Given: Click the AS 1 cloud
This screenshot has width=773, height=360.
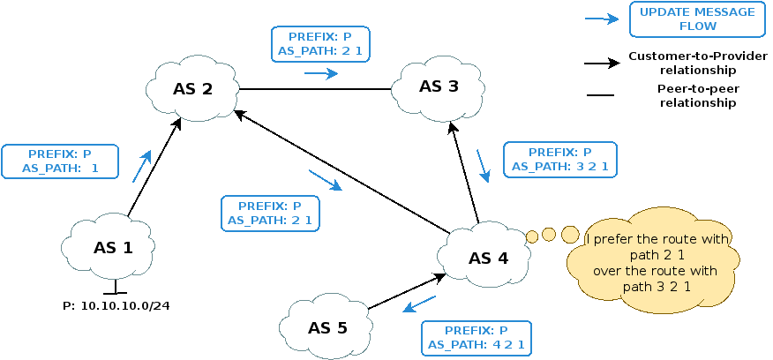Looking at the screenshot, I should click(x=112, y=248).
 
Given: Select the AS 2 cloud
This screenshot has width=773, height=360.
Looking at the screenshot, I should click(x=192, y=88).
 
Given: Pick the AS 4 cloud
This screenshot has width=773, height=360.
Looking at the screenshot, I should click(x=487, y=258).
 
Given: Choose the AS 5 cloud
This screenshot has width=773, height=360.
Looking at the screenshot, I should click(x=327, y=328).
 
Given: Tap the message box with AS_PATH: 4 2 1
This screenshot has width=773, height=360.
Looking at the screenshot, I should click(x=478, y=337).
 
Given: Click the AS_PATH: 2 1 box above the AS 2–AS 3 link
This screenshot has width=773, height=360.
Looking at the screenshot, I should click(x=318, y=44).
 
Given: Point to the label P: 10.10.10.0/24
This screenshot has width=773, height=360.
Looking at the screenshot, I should click(x=116, y=305).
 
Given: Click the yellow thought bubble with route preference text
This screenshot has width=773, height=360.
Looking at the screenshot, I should click(x=652, y=263).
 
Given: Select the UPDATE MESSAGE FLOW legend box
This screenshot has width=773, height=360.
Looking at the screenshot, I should click(x=697, y=19).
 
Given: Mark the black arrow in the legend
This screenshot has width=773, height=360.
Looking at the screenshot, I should click(x=602, y=64).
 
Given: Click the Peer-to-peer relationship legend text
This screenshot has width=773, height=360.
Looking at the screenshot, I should click(x=696, y=95).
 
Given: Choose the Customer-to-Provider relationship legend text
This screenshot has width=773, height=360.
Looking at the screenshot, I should click(x=697, y=64).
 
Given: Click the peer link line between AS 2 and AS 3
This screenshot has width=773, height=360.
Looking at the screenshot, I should click(x=316, y=89).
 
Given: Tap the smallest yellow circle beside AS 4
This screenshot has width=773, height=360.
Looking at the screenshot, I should click(x=531, y=236).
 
